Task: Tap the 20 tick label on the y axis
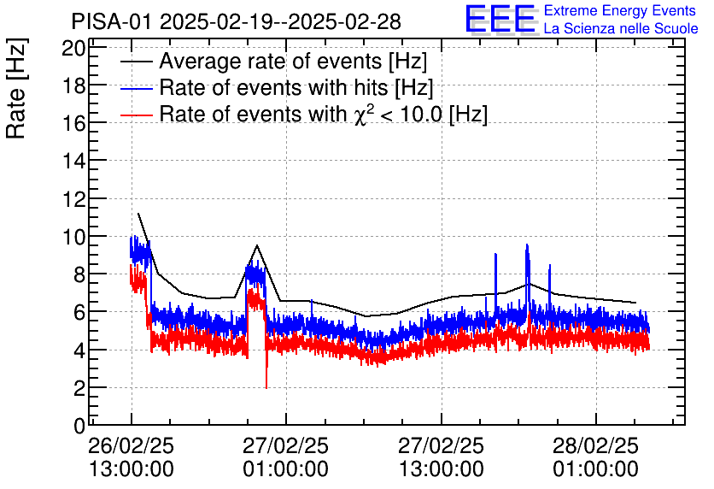pyautogui.click(x=74, y=48)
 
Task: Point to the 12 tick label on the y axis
pyautogui.click(x=74, y=198)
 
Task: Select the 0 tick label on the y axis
pyautogui.click(x=79, y=425)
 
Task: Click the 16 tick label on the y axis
pyautogui.click(x=74, y=123)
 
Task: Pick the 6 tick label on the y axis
pyautogui.click(x=79, y=312)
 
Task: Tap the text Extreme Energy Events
pyautogui.click(x=620, y=11)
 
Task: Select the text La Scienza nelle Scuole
pyautogui.click(x=621, y=29)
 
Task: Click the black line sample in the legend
pyautogui.click(x=136, y=62)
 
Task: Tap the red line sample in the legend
pyautogui.click(x=136, y=115)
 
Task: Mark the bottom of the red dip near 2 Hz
pyautogui.click(x=266, y=387)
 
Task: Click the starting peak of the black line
pyautogui.click(x=138, y=214)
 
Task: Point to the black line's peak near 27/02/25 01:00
pyautogui.click(x=257, y=245)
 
